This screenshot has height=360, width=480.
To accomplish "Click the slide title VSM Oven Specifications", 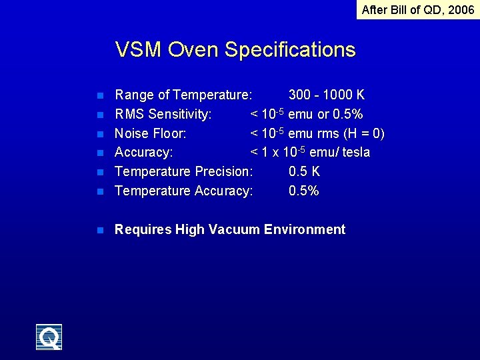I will tap(235, 49).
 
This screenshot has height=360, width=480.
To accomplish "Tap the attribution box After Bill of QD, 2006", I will tap(418, 9).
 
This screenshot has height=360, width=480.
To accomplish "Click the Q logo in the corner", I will tap(49, 337).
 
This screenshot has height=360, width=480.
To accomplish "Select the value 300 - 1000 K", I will tap(327, 95).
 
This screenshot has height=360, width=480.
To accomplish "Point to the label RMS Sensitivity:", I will tap(163, 114).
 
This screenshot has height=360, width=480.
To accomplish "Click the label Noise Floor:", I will tap(151, 133).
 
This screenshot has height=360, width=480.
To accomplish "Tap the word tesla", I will tap(355, 153).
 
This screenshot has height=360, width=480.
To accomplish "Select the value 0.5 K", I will tap(304, 171).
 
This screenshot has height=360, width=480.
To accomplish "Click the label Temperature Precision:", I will tap(184, 171).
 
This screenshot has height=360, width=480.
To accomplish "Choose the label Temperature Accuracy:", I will tap(184, 191).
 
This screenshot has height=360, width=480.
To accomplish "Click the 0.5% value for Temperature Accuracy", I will tap(304, 191).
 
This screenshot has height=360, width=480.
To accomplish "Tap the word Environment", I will tap(305, 229).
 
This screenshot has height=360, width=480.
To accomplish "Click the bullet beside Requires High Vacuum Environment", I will tap(99, 230).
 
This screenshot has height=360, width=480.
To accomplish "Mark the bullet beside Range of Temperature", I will tap(99, 95).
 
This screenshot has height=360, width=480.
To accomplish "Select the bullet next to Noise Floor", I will tap(99, 134).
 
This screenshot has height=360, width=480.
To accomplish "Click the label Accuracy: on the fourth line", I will tap(144, 153).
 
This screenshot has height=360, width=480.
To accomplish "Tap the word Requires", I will tap(143, 230).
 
